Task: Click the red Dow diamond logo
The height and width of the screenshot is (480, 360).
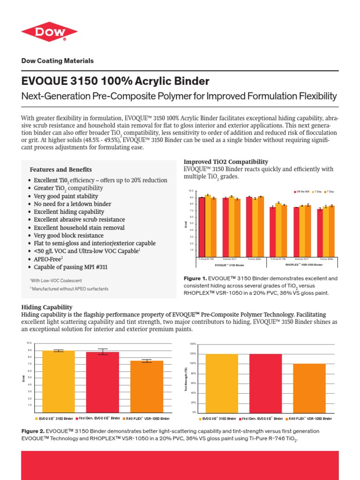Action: pos(49,34)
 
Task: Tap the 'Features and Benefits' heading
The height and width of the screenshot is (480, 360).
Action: pos(60,170)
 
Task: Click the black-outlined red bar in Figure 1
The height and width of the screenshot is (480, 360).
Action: pos(202,227)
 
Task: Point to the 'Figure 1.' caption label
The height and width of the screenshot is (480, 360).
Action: pos(194,278)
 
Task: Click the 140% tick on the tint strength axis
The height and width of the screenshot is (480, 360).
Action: pos(192,344)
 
